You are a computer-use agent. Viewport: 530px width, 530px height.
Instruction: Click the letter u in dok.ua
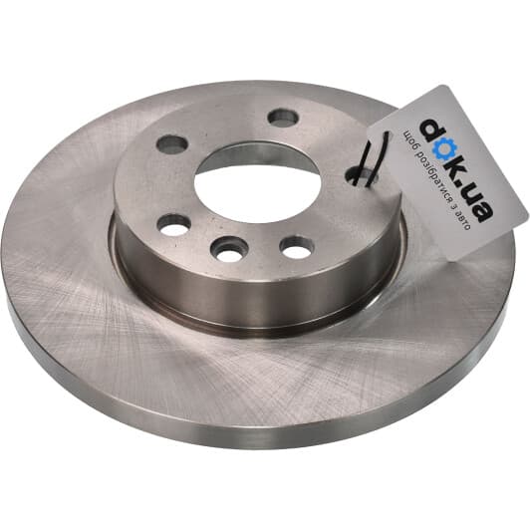click(473, 195)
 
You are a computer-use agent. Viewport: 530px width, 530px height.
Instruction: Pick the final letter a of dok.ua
click(482, 212)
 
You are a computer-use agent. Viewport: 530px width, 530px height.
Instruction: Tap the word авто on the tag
click(461, 220)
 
